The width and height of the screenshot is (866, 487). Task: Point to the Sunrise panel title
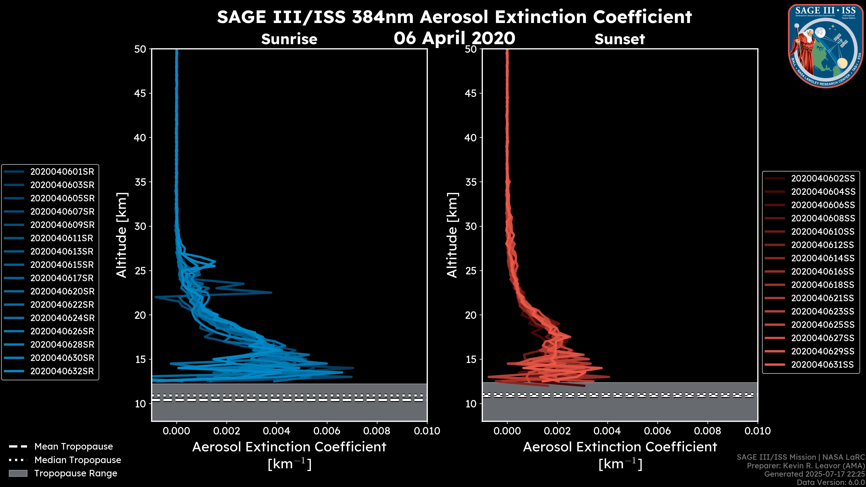(x=289, y=39)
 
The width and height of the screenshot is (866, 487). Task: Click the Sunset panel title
(x=620, y=39)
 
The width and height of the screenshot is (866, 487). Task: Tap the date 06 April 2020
(x=454, y=38)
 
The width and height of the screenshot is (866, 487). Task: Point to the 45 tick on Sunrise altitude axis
(x=140, y=93)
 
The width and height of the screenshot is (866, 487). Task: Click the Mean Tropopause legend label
(x=74, y=447)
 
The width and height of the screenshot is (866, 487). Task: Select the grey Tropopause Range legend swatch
(x=18, y=473)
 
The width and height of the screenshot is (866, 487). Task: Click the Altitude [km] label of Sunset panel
(x=452, y=235)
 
